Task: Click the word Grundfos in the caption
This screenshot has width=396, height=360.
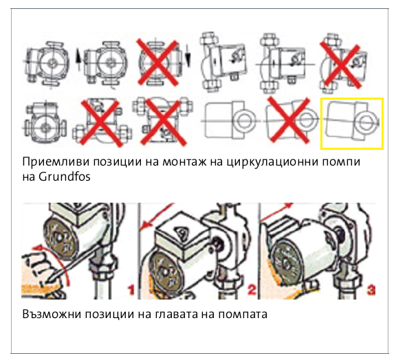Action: [x=65, y=177]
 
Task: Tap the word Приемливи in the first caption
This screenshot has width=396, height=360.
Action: [x=56, y=161]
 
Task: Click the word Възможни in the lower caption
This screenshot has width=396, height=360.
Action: [x=53, y=314]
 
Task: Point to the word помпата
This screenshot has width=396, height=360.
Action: [x=243, y=315]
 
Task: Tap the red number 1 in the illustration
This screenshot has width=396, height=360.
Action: [x=131, y=290]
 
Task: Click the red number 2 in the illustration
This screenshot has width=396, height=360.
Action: [x=252, y=289]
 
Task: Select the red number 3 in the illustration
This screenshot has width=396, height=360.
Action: [x=371, y=290]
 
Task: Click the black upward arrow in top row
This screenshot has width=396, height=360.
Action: [x=79, y=59]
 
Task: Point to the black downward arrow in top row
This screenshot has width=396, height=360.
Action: [x=188, y=55]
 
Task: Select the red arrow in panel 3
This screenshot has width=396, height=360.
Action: [x=276, y=212]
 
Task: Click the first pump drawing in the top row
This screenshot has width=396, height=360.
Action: [x=47, y=63]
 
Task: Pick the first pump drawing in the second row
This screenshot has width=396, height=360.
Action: [x=45, y=123]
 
